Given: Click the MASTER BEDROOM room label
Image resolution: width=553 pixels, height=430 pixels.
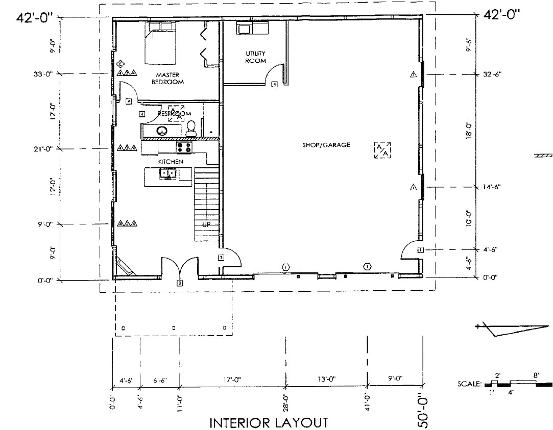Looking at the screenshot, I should tap(167, 79).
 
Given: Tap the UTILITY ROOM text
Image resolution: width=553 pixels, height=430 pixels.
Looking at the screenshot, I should tap(255, 57).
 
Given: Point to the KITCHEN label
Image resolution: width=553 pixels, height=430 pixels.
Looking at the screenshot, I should tap(171, 161).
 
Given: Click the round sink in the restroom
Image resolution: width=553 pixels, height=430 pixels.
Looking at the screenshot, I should tap(162, 131).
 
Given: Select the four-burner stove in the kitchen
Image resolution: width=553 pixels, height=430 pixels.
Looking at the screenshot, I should tap(184, 147).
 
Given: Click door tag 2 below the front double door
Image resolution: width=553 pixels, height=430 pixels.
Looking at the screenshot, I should tap(180, 283).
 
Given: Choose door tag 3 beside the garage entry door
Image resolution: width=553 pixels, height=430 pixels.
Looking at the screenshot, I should tap(221, 258).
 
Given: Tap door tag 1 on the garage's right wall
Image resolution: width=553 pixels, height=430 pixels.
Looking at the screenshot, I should tap(420, 249).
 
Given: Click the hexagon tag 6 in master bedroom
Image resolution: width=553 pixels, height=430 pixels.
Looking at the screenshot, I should tap(120, 64).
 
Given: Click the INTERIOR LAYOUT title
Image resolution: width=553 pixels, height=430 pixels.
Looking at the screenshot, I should tap(269, 422).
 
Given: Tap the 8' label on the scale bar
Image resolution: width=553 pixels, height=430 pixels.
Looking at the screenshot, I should tap(536, 375).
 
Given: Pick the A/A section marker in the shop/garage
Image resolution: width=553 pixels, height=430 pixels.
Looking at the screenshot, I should tap(382, 150).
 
